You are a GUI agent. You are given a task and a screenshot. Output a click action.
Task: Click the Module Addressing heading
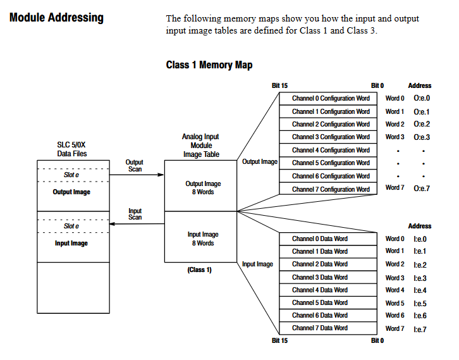coord(57,18)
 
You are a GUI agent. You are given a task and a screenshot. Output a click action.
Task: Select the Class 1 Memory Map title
coord(209,65)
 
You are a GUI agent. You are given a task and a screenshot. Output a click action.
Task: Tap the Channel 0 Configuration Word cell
coord(331,99)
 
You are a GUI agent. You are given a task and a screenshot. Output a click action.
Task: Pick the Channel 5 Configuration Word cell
coord(331,163)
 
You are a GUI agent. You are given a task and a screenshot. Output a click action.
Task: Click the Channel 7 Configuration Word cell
coord(331,189)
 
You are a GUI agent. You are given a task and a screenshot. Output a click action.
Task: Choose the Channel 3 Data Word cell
coord(320,277)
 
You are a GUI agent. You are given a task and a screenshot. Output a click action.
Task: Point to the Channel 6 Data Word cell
coord(320,316)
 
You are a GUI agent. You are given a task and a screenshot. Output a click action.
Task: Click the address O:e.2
coord(422,125)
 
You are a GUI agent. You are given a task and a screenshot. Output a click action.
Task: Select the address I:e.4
coord(420,290)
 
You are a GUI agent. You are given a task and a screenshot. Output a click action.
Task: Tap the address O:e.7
coord(422,189)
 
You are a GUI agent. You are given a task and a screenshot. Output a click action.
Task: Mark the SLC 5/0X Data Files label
coord(72,149)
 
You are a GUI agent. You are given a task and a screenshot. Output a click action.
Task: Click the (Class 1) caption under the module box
coord(200,270)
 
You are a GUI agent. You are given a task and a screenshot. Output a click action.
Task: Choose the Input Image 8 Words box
coord(203,239)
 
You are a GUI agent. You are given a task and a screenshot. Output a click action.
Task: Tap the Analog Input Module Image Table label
coord(201,146)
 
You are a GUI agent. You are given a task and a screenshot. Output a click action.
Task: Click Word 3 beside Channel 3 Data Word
coord(395,278)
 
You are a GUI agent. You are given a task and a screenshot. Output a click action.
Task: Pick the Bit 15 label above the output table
coord(280,85)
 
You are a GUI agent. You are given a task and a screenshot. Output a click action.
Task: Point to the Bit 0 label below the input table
coord(377,341)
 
